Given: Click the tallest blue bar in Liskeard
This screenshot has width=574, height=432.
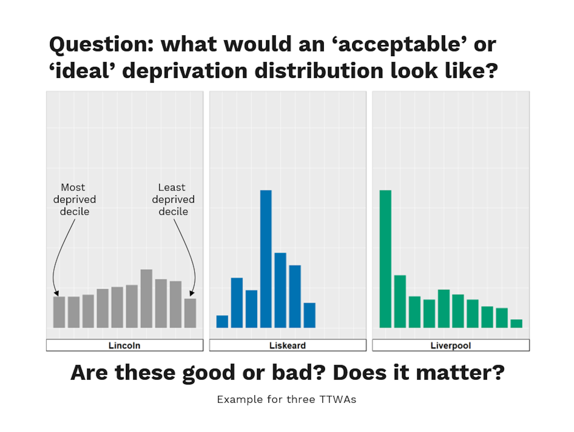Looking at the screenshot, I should tap(265, 259).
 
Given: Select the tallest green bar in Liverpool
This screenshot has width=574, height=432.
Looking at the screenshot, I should tap(385, 259).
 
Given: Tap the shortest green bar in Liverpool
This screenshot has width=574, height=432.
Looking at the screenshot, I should tap(516, 323).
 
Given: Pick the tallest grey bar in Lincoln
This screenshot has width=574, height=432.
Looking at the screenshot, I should tap(146, 299).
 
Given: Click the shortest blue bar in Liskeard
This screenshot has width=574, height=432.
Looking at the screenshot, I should tap(222, 321).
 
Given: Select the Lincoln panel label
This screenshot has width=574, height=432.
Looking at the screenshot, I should tap(124, 345).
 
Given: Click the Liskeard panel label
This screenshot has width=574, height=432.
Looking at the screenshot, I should tap(287, 345).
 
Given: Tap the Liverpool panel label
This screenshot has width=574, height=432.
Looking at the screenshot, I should tap(451, 345).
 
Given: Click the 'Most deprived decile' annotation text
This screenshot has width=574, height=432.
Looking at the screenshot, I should tap(74, 199).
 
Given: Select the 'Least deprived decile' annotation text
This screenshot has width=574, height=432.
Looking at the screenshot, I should tap(173, 199).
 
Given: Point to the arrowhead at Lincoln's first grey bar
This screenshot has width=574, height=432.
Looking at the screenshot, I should tap(57, 293).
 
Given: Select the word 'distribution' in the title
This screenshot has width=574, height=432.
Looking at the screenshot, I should tap(319, 71).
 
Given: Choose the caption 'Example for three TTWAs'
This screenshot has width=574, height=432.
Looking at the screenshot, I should tap(286, 399).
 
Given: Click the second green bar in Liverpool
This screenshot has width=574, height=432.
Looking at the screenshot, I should tap(400, 301).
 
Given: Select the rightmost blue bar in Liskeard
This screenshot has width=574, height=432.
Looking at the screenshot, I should tap(309, 315).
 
